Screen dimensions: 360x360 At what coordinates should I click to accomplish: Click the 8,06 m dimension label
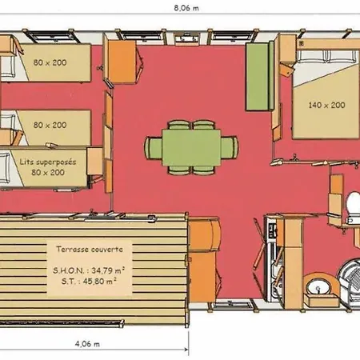tap(186, 8)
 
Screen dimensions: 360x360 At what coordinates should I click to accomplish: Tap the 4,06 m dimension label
tap(87, 344)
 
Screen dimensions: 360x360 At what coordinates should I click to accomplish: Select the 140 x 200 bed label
tap(326, 105)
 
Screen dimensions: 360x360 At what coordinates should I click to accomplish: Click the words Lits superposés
tap(48, 162)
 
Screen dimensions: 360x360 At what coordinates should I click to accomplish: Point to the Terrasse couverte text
tap(90, 249)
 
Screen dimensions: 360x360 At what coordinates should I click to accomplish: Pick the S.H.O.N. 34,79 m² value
tap(89, 270)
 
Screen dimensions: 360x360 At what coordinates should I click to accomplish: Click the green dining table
tap(191, 147)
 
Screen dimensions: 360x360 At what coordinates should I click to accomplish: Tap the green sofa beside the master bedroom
tap(259, 76)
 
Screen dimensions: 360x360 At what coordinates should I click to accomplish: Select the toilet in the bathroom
tap(353, 207)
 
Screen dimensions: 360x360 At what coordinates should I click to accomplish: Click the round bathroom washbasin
tap(318, 288)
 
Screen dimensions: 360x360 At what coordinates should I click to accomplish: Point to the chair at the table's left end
tap(153, 148)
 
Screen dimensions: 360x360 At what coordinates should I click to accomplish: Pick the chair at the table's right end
tap(230, 147)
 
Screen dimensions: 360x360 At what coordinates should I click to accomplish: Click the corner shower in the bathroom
tap(350, 282)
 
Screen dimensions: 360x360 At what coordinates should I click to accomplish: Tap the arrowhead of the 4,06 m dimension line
tap(186, 350)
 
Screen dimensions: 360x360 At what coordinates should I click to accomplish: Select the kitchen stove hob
tap(272, 230)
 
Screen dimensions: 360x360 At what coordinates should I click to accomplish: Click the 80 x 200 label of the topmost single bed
tap(50, 62)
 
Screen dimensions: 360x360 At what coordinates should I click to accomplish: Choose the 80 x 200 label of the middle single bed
tap(50, 125)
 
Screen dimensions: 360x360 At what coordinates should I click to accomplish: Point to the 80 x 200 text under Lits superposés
tap(48, 172)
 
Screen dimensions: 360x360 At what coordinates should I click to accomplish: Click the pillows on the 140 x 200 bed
tap(327, 56)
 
